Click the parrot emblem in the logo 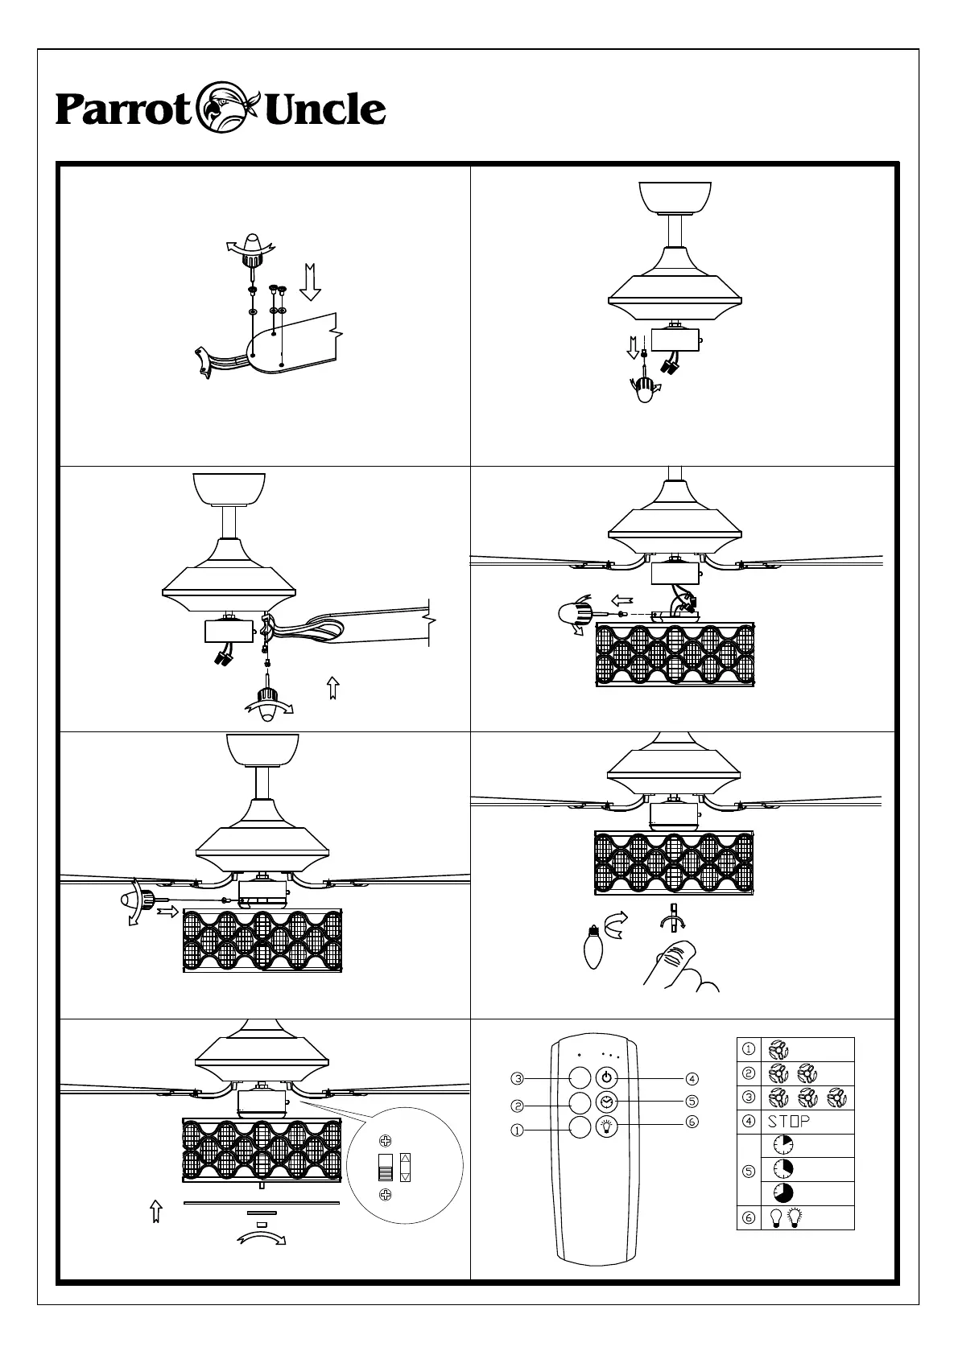(x=227, y=108)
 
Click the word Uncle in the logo (x=324, y=110)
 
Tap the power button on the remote (x=606, y=1077)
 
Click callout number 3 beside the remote (x=518, y=1077)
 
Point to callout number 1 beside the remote (x=518, y=1130)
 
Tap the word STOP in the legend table (x=788, y=1122)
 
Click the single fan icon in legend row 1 (x=778, y=1049)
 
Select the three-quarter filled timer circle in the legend (x=783, y=1192)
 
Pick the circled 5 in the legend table (x=749, y=1170)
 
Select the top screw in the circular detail (x=386, y=1140)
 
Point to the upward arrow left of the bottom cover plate (x=157, y=1211)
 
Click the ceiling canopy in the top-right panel (x=675, y=198)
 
